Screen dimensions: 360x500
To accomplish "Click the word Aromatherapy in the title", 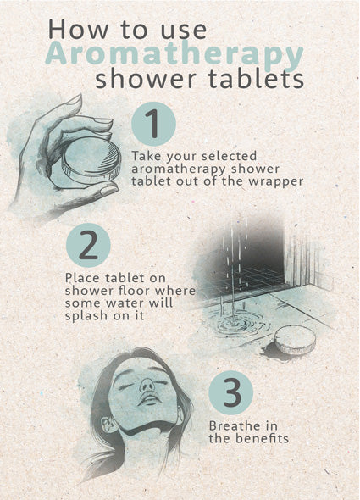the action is click(174, 54).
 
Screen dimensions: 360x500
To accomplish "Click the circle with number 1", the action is click(153, 124).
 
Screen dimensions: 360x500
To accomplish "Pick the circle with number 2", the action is click(88, 245).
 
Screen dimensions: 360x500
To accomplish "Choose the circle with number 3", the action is click(231, 392).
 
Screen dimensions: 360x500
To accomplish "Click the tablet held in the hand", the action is click(91, 162).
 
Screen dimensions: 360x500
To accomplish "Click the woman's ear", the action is click(107, 424).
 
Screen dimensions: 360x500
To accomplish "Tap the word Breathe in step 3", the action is click(234, 425).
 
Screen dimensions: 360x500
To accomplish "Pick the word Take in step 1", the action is click(147, 156).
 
